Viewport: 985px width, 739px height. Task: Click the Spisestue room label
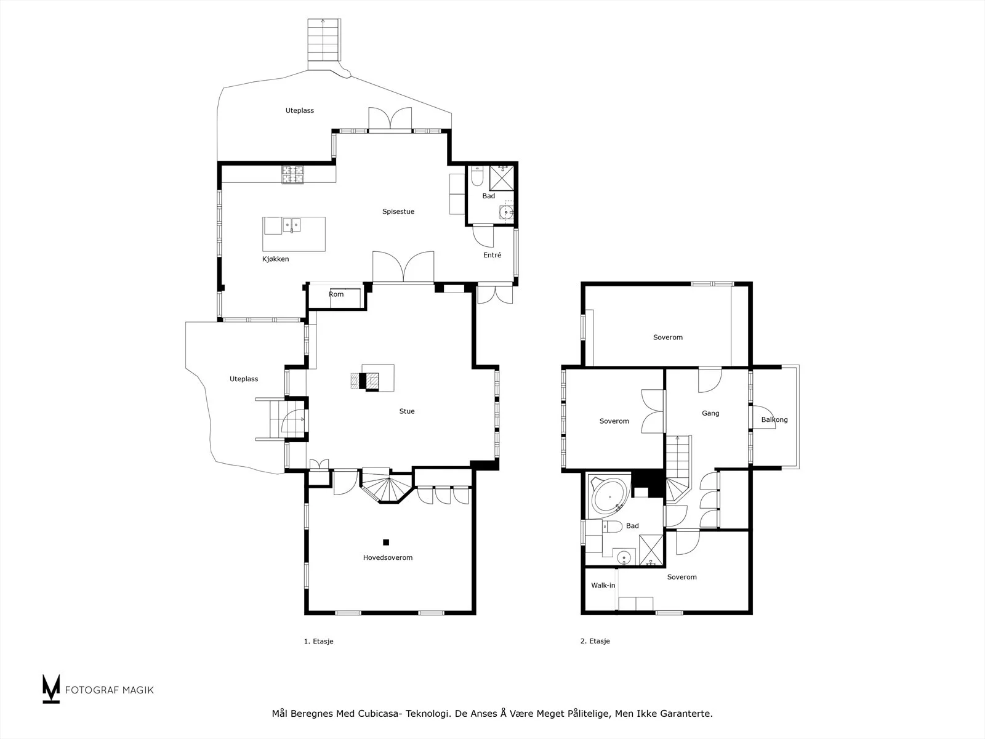398,211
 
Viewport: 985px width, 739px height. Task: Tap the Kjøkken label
276,259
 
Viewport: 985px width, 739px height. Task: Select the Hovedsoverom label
388,557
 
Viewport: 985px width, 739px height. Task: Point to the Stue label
407,411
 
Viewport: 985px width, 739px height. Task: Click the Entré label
492,255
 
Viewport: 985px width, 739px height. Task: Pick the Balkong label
774,419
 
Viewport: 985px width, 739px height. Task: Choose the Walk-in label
603,585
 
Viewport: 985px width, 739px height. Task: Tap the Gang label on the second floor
710,413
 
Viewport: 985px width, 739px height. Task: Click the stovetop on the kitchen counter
292,174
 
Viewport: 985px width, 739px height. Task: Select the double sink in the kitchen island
292,225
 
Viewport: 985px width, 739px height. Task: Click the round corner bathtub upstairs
609,497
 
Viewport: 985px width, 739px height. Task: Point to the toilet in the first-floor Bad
477,176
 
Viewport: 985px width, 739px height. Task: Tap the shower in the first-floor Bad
501,178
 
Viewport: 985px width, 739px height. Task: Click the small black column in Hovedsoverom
386,542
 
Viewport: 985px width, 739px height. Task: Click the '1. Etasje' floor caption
319,641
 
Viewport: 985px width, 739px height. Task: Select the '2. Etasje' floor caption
595,641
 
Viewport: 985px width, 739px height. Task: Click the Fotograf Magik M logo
51,689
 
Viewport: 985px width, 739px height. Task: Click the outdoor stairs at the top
324,40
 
